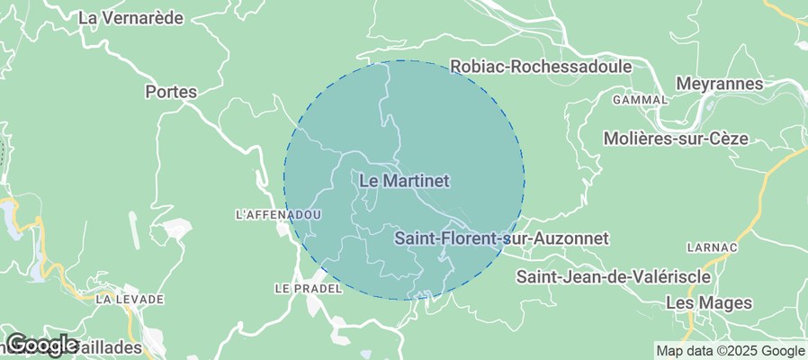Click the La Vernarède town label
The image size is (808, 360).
click(131, 17)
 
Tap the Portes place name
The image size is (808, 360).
click(170, 91)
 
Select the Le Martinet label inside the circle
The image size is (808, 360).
click(404, 181)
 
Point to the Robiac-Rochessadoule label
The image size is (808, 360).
click(541, 66)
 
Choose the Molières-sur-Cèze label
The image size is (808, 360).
click(689, 139)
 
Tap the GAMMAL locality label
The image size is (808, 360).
click(640, 100)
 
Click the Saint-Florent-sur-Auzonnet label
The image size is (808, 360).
click(502, 238)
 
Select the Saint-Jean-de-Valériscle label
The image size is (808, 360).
click(614, 277)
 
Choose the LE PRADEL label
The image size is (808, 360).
click(308, 288)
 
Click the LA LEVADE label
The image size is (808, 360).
click(130, 299)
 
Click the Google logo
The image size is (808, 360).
click(41, 344)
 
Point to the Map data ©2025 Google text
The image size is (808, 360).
click(730, 351)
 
